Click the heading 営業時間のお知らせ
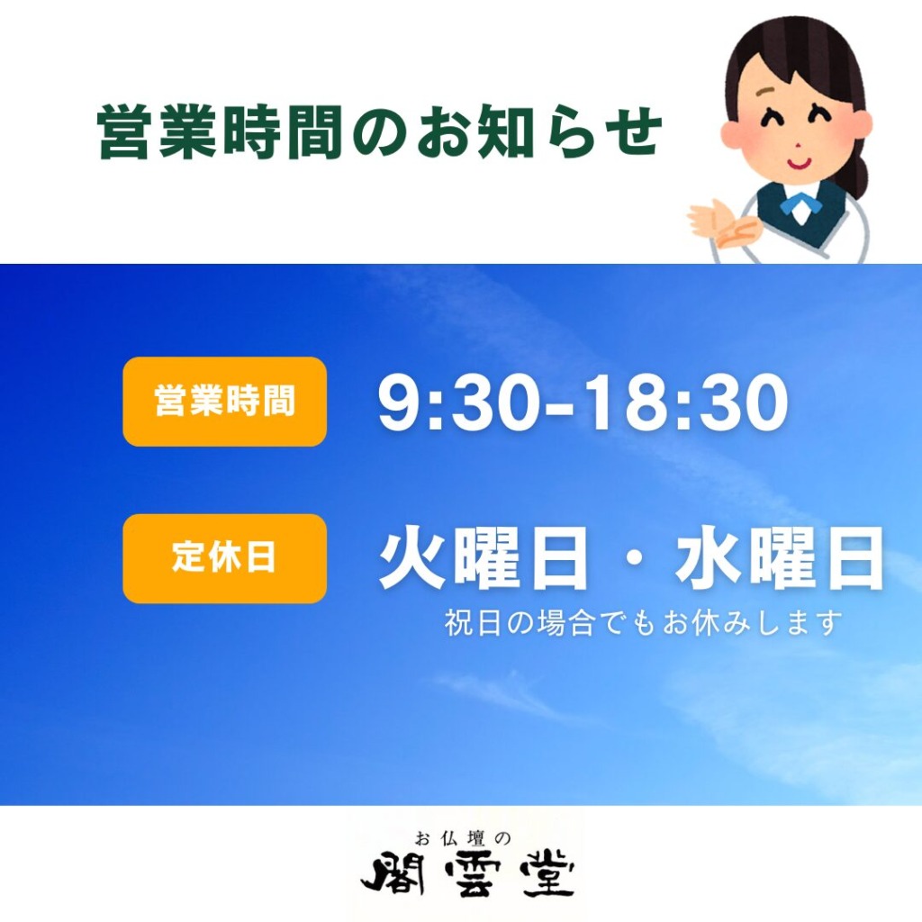380,131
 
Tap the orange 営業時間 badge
224,401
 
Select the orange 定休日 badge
224,558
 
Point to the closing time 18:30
688,403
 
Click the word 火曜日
484,558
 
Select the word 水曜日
780,558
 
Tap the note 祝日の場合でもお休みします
643,623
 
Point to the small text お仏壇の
463,837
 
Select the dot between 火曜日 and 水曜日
632,559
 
